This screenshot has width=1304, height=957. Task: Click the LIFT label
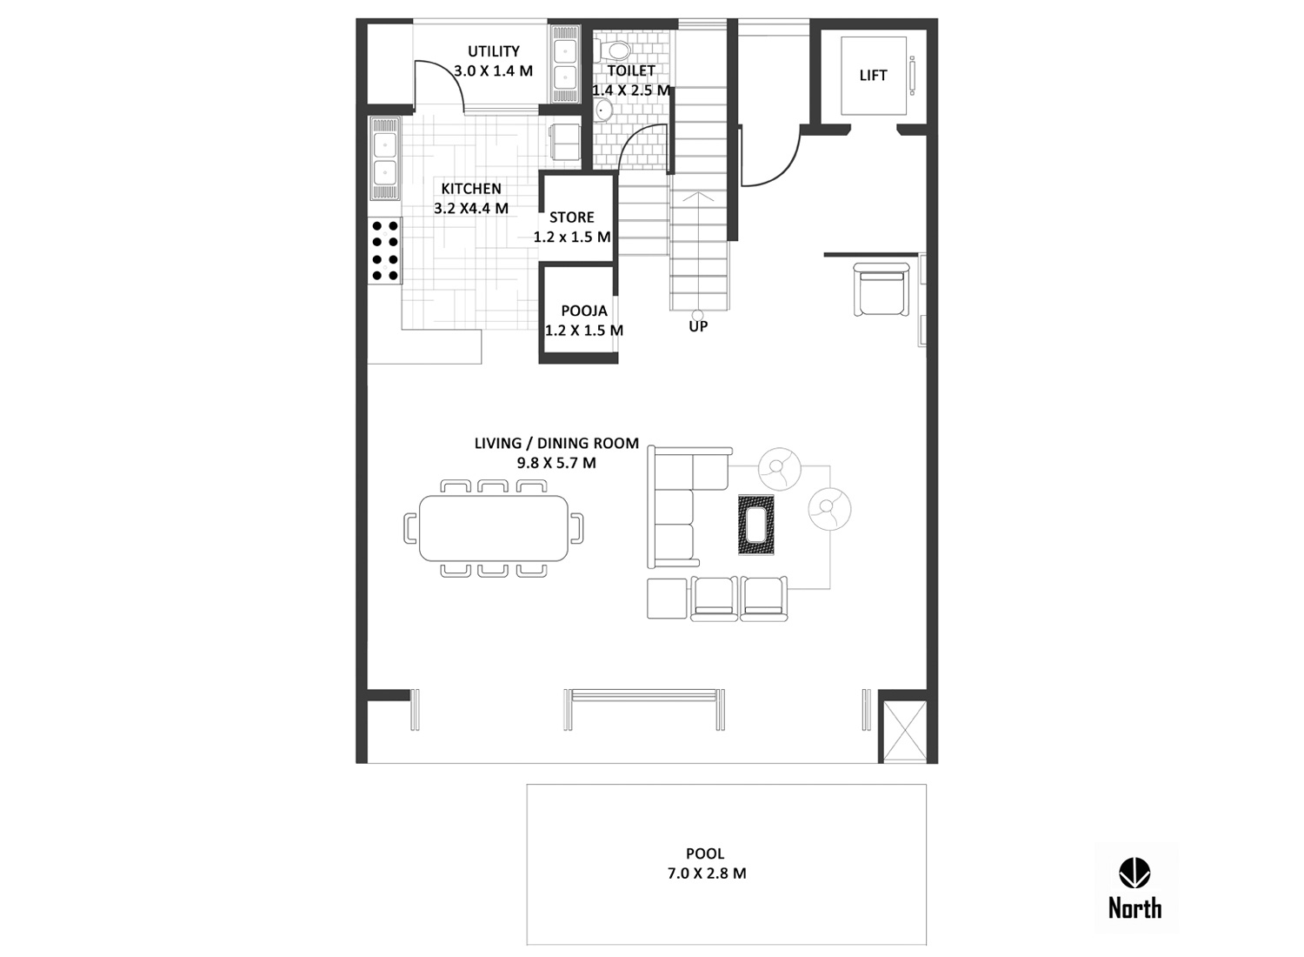click(x=873, y=75)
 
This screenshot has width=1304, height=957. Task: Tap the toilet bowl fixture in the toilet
click(x=612, y=50)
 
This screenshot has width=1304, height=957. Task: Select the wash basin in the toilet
click(x=603, y=110)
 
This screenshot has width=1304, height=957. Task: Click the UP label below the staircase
click(x=698, y=326)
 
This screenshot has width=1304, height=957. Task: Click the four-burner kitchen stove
click(x=384, y=251)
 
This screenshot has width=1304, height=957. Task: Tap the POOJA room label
click(x=584, y=311)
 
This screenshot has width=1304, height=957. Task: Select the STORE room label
click(x=572, y=217)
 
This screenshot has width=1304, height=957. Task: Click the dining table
click(x=494, y=528)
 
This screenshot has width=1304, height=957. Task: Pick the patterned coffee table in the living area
click(x=755, y=525)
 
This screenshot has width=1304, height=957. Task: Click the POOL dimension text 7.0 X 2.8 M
click(x=706, y=873)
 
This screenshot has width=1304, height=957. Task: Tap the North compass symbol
click(x=1134, y=873)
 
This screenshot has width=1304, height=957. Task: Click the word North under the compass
click(x=1134, y=908)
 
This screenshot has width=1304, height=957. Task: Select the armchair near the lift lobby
click(x=881, y=290)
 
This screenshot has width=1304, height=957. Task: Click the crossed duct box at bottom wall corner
click(x=905, y=731)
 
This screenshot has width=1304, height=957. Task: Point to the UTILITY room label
click(x=494, y=51)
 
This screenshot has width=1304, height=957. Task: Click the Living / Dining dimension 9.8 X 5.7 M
click(x=556, y=463)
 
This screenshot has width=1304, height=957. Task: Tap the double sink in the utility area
click(x=565, y=64)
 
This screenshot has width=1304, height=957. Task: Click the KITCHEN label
click(x=471, y=189)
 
